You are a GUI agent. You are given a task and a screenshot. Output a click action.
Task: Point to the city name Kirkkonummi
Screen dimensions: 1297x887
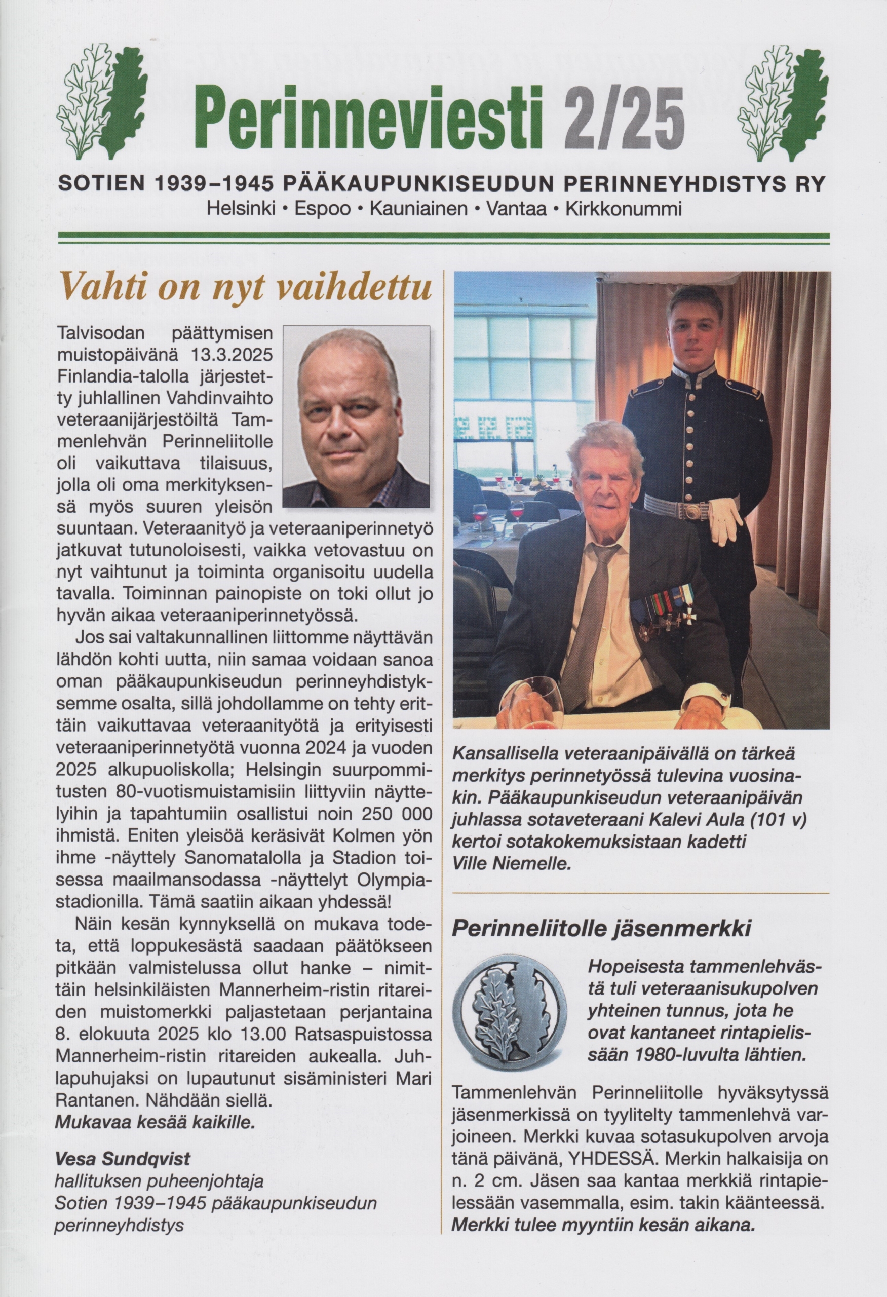tap(623, 210)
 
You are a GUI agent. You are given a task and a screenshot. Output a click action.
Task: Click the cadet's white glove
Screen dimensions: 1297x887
tap(726, 522)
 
